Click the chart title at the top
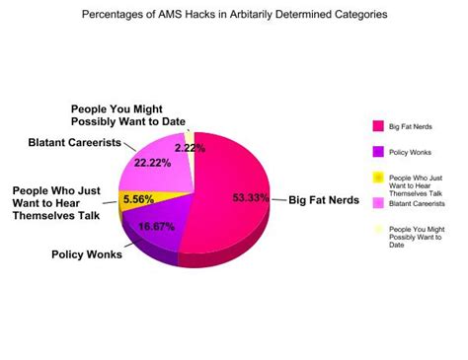[x=234, y=16]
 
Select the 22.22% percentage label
[x=159, y=162]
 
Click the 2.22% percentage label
[x=190, y=147]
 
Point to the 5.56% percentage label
[x=138, y=198]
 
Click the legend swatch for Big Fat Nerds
[x=377, y=126]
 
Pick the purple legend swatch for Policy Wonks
[x=377, y=152]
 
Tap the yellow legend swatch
[x=377, y=179]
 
